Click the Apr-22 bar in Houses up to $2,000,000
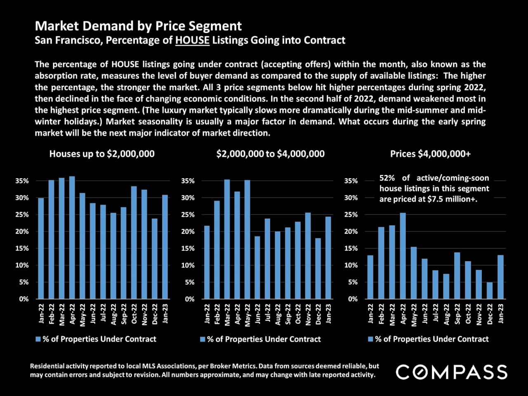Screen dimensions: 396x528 click(x=72, y=237)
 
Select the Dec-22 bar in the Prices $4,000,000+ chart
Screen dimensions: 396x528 click(x=490, y=290)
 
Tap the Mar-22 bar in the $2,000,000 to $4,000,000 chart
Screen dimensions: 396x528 click(x=227, y=239)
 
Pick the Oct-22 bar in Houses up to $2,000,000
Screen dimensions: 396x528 click(x=134, y=243)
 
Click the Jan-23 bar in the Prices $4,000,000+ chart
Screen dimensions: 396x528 click(x=500, y=277)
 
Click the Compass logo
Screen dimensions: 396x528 click(x=451, y=372)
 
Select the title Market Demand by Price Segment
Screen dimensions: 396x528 click(x=138, y=26)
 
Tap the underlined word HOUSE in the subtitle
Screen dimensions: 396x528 click(x=192, y=40)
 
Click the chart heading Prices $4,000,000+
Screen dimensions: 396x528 click(x=430, y=154)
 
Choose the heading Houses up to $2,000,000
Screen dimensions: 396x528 click(x=102, y=154)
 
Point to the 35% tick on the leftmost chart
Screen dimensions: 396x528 click(x=22, y=181)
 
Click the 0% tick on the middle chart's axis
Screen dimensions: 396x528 click(x=189, y=299)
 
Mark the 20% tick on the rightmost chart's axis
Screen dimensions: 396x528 click(x=351, y=231)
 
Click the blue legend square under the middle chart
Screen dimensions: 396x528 click(x=203, y=339)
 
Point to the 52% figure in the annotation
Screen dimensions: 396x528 click(x=387, y=178)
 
